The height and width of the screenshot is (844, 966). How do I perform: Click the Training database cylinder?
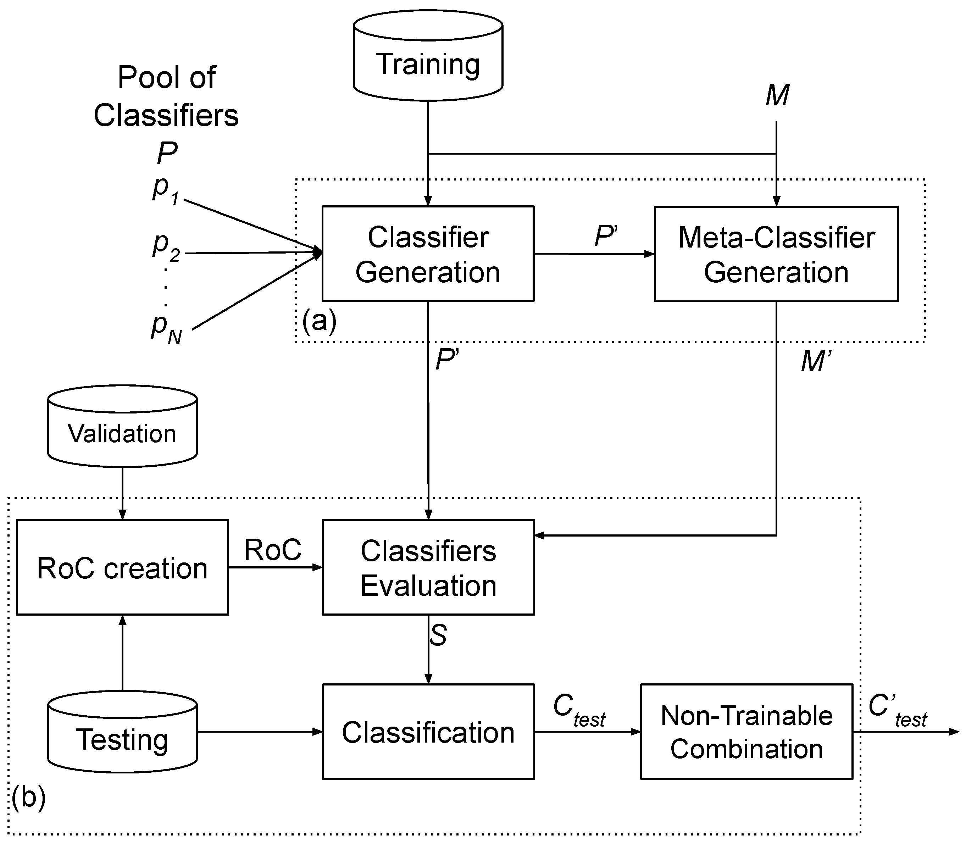click(x=428, y=56)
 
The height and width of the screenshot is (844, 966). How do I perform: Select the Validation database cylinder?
click(x=122, y=426)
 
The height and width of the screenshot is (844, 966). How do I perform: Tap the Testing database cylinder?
click(x=122, y=732)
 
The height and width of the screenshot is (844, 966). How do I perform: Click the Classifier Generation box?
click(x=428, y=254)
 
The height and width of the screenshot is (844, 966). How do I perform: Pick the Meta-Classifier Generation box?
click(x=776, y=254)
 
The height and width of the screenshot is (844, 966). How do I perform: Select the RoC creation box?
click(x=122, y=567)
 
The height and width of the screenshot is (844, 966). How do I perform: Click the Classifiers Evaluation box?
click(x=428, y=567)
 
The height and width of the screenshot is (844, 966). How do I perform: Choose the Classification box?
click(x=428, y=732)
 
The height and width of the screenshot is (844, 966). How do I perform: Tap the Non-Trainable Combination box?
click(x=746, y=732)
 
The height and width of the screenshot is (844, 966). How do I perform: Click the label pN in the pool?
click(x=166, y=328)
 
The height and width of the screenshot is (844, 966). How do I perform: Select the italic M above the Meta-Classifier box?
click(x=777, y=96)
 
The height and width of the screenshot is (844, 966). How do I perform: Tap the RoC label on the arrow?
click(x=273, y=549)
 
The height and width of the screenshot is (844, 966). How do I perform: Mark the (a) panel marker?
click(x=319, y=321)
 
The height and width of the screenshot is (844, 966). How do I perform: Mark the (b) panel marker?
click(x=29, y=798)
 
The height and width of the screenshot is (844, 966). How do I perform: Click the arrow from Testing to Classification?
click(x=260, y=732)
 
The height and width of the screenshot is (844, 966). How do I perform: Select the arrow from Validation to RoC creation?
click(x=122, y=493)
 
